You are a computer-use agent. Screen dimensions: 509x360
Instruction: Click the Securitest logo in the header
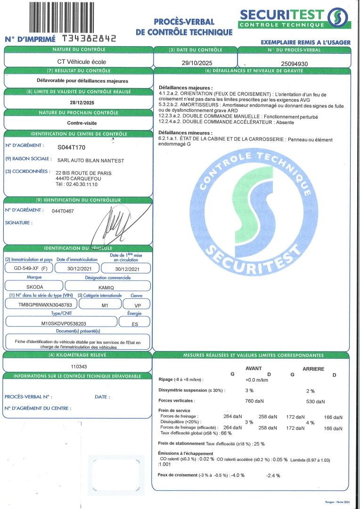(295, 18)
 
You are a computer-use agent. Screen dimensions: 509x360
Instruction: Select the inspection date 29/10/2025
(195, 62)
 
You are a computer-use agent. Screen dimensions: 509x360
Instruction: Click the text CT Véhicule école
(78, 61)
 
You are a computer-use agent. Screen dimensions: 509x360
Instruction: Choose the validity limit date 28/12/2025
(79, 102)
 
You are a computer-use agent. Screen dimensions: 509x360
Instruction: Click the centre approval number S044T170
(72, 147)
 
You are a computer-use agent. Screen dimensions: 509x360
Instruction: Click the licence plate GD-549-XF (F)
(27, 268)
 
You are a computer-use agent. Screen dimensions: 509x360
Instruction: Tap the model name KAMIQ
(107, 287)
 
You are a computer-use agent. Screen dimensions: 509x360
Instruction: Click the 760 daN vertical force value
(255, 402)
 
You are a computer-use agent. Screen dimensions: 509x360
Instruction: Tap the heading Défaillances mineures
(186, 133)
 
